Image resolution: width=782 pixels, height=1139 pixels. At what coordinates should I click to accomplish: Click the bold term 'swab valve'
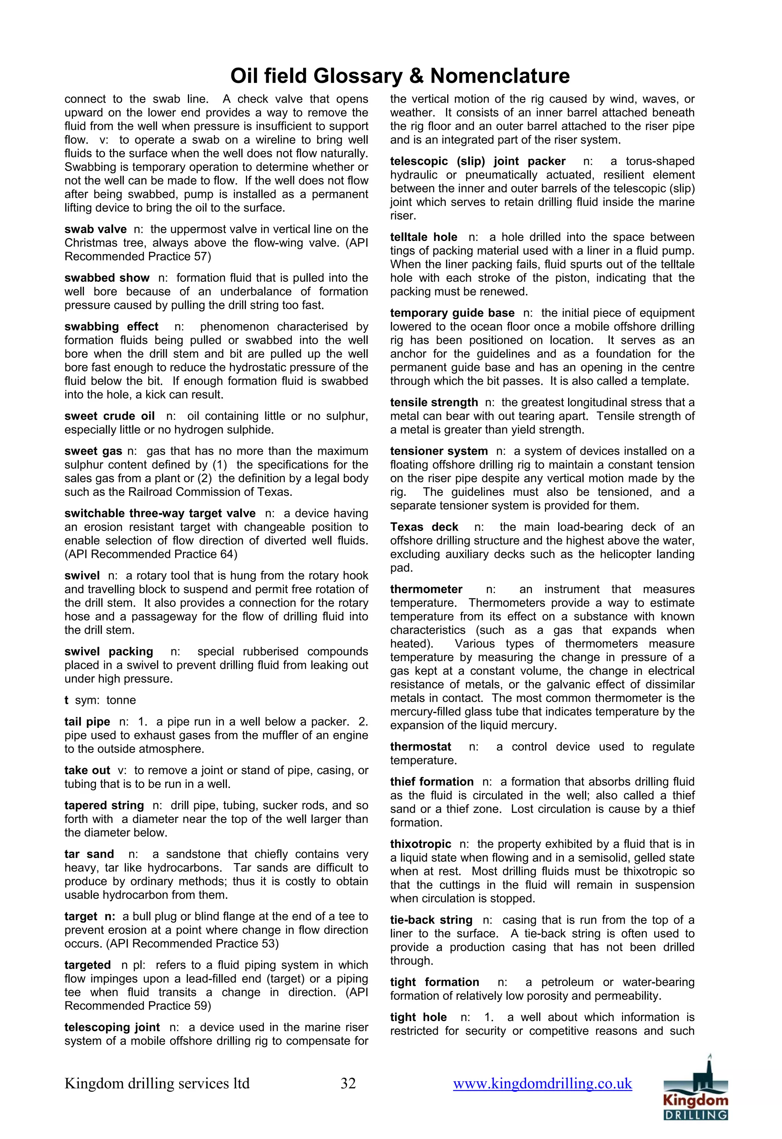[95, 229]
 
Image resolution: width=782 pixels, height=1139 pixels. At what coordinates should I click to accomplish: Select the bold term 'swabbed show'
[107, 278]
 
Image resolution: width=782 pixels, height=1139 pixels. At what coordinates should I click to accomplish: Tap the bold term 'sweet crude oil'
[109, 416]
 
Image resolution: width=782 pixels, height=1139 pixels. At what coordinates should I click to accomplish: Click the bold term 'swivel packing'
[108, 651]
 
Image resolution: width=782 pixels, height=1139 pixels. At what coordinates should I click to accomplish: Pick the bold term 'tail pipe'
[87, 721]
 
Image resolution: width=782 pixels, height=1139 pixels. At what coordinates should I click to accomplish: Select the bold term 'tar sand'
[89, 854]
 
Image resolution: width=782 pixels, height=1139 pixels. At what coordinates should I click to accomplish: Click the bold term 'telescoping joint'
[112, 1027]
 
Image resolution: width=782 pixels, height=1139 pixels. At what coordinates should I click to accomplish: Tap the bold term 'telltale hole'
[423, 237]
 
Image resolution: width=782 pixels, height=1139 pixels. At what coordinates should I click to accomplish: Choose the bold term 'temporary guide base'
[452, 313]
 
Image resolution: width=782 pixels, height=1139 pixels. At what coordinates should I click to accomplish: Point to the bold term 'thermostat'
[420, 747]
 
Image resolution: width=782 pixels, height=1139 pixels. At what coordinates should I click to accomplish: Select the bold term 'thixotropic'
[420, 844]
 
